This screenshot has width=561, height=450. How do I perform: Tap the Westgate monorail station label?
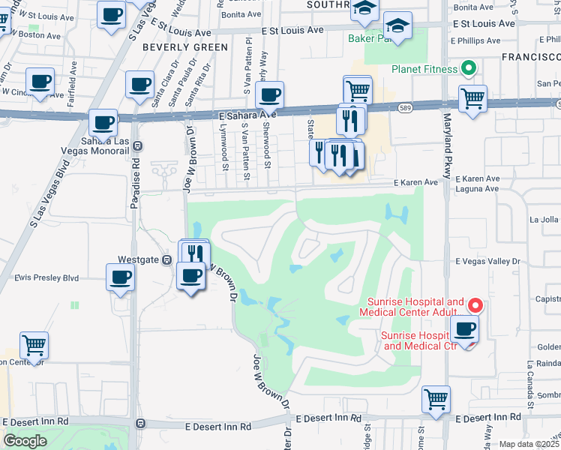click(136, 259)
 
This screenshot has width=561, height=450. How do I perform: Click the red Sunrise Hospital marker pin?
click(475, 306)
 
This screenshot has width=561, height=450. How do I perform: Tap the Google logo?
click(25, 441)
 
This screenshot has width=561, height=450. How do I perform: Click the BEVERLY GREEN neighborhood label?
click(185, 47)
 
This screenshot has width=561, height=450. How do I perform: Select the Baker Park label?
click(375, 37)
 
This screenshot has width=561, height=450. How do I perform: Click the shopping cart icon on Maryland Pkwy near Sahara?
click(472, 97)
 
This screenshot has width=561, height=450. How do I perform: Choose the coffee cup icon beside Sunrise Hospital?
click(465, 328)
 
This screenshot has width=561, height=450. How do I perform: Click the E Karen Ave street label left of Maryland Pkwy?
click(416, 182)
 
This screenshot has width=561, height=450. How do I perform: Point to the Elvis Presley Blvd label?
click(46, 277)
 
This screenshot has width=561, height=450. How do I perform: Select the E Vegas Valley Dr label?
click(487, 261)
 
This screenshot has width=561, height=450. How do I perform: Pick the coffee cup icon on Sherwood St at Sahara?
click(269, 94)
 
